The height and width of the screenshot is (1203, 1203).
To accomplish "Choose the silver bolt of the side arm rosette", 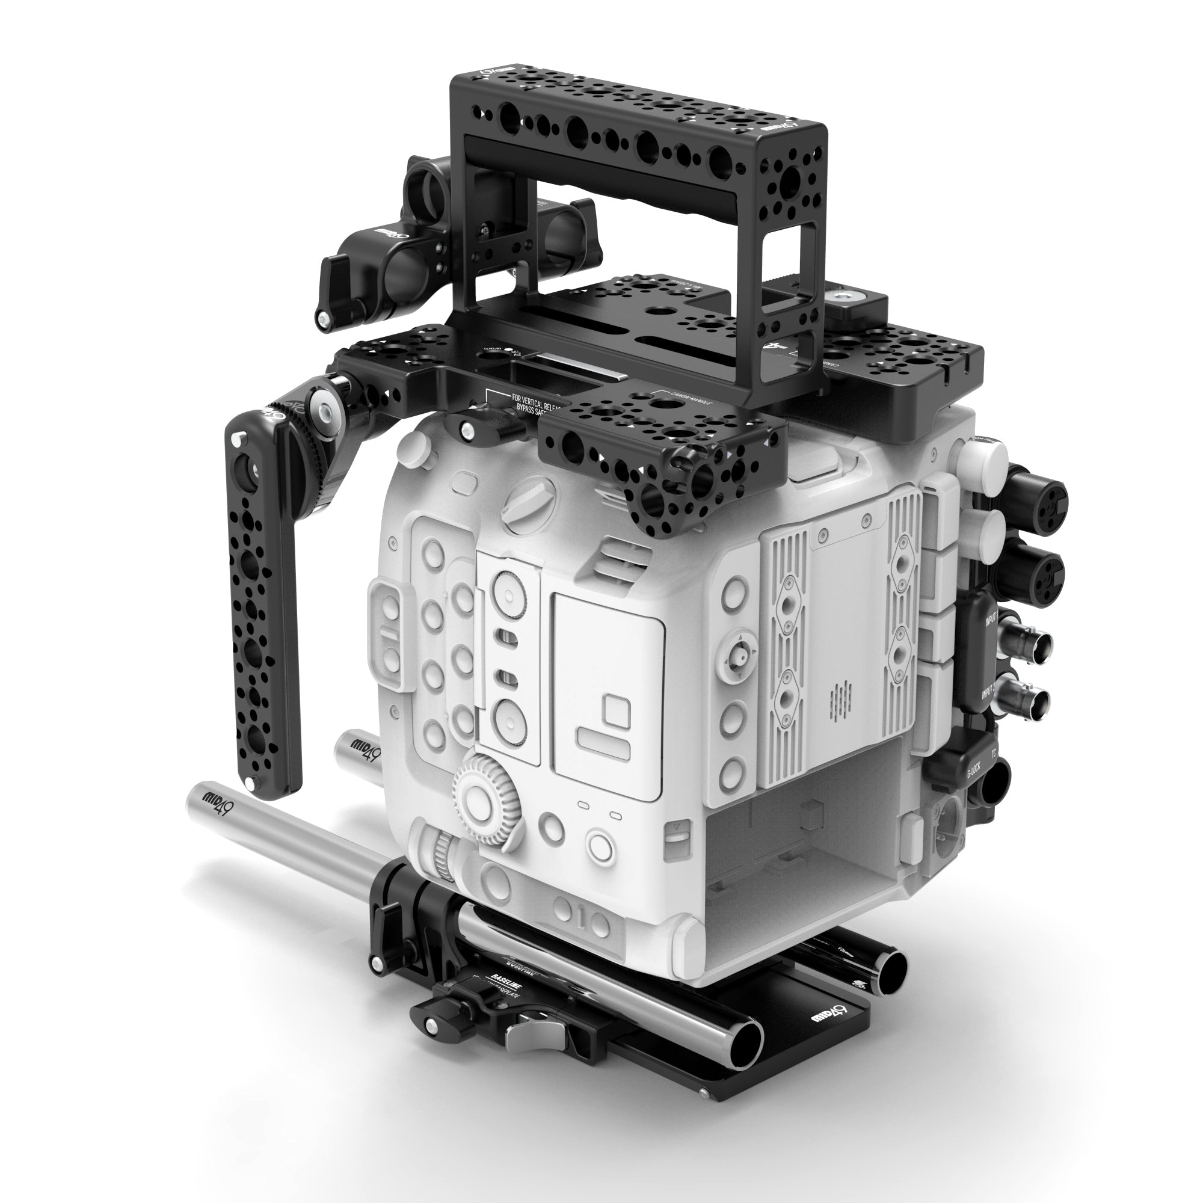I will coord(324,405).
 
